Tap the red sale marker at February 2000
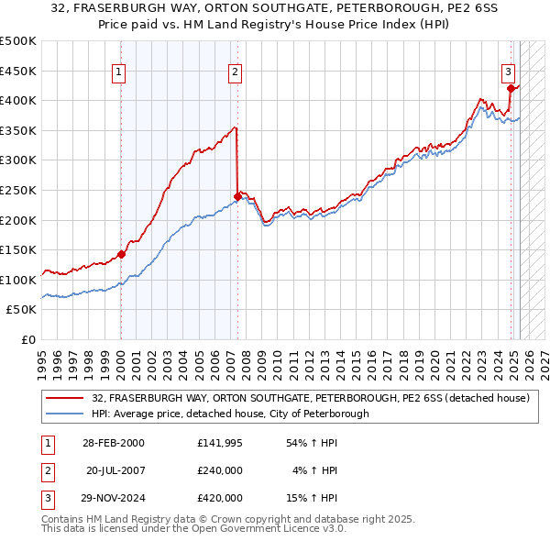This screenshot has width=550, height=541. pyautogui.click(x=121, y=255)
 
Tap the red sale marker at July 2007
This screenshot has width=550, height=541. pyautogui.click(x=237, y=195)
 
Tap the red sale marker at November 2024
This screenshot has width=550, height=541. pyautogui.click(x=511, y=89)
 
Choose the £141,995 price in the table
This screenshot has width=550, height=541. pyautogui.click(x=220, y=443)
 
